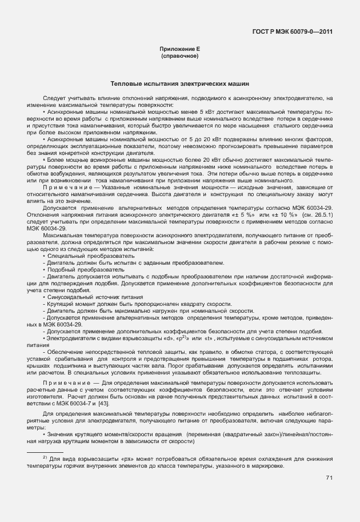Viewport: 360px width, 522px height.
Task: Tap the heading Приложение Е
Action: point(180,50)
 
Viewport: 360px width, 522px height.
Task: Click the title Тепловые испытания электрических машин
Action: point(180,83)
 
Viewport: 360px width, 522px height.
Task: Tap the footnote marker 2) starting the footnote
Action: point(45,458)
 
